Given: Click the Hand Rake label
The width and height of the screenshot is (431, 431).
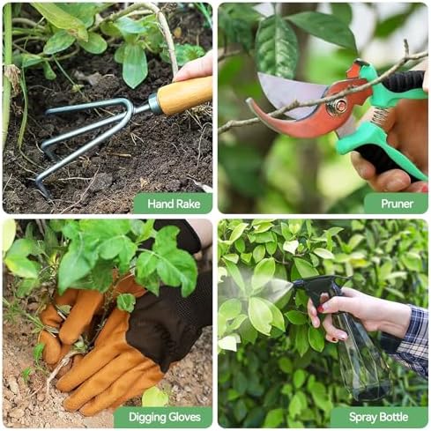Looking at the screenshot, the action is click(174, 204).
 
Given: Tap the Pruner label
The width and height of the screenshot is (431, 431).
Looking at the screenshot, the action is click(397, 204).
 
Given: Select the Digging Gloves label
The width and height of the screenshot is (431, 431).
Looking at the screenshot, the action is click(165, 417).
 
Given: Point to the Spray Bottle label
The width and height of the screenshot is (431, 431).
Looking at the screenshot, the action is click(378, 417).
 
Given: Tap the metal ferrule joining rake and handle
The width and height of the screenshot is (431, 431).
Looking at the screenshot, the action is click(154, 103).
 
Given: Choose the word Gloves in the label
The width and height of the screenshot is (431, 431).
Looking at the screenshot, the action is click(182, 417).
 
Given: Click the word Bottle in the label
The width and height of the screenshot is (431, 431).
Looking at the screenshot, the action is click(393, 417).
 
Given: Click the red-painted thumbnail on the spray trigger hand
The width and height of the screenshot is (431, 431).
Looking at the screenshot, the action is click(322, 308).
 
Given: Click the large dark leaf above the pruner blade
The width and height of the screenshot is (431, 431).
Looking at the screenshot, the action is click(276, 47).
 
